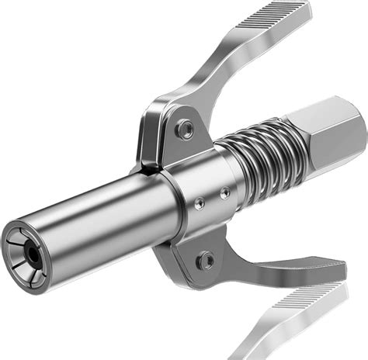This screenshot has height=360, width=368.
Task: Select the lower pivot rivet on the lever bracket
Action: [205, 260]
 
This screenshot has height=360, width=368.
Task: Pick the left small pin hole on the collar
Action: [200, 202]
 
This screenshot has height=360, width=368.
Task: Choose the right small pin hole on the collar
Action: [224, 191]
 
